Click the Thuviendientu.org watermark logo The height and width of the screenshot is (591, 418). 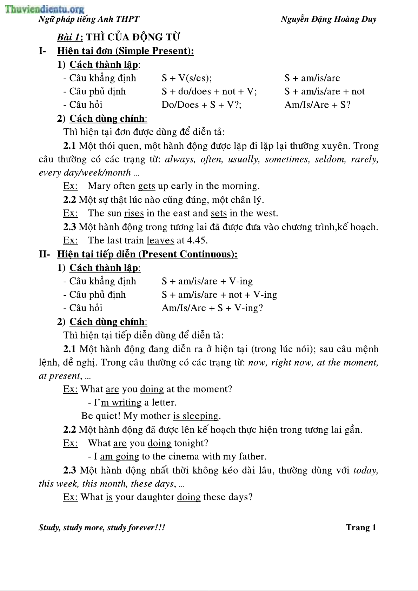click(45, 9)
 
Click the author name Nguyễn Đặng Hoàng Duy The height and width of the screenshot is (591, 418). click(328, 19)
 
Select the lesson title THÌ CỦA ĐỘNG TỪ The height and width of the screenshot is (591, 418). click(133, 37)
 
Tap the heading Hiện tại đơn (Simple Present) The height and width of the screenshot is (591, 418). click(125, 51)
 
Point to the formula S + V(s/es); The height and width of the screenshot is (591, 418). click(186, 78)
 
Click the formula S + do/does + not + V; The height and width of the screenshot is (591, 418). click(209, 92)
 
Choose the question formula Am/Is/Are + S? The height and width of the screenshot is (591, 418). click(317, 105)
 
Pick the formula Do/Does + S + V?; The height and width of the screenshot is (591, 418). click(201, 105)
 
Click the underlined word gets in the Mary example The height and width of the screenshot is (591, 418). click(146, 186)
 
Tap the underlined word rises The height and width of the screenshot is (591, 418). click(134, 213)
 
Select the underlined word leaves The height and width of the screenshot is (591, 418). click(160, 240)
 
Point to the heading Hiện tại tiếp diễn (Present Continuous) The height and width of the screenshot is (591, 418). click(147, 254)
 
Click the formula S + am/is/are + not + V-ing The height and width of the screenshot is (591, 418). click(219, 295)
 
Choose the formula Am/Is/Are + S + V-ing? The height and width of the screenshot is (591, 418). click(212, 308)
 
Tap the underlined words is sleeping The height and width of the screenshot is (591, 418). click(195, 416)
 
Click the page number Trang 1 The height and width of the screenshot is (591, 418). click(360, 528)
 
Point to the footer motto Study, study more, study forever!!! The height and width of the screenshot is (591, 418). click(102, 528)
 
